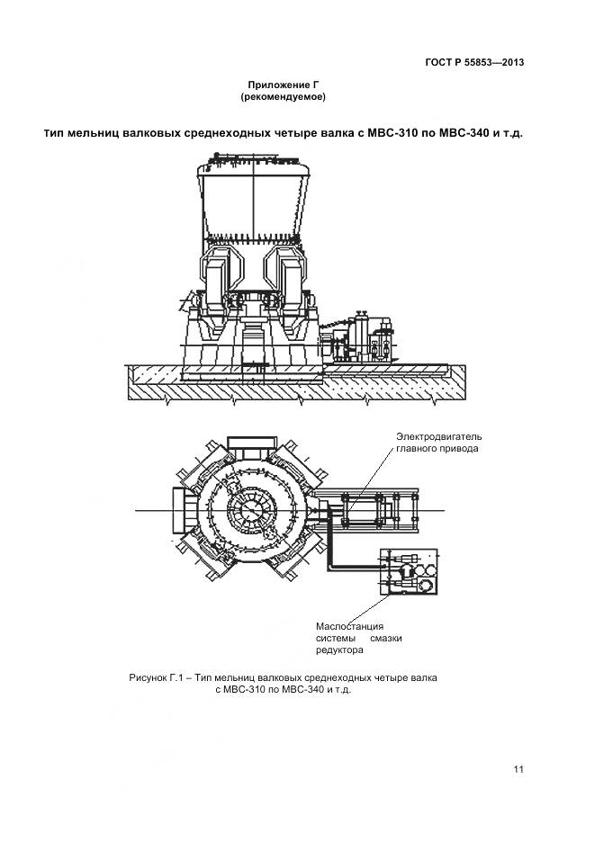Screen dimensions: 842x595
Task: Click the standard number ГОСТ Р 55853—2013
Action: [x=474, y=62]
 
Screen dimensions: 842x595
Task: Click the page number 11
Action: [x=518, y=769]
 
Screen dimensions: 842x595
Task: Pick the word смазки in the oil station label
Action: [x=385, y=638]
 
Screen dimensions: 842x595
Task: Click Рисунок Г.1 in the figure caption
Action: [x=157, y=676]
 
